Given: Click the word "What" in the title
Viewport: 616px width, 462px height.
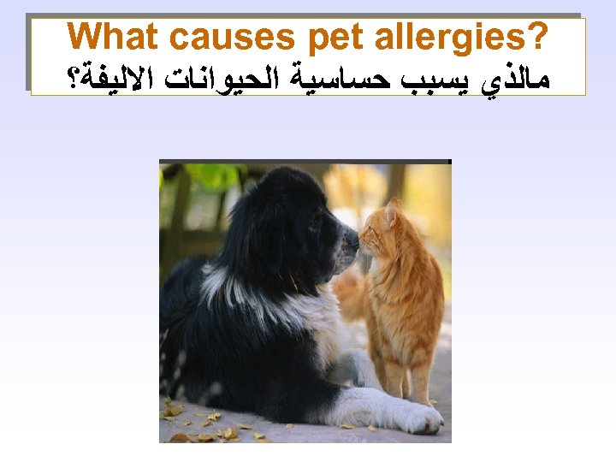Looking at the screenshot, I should [114, 38].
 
